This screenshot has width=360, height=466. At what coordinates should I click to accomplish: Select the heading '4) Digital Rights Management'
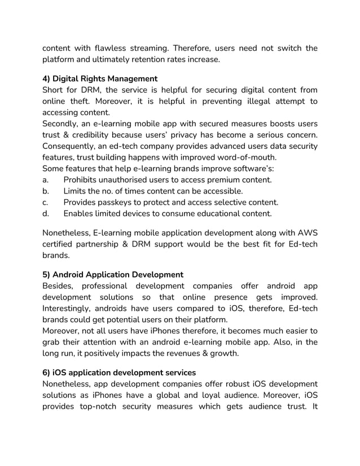pos(100,78)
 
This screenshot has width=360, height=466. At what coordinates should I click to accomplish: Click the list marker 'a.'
pos(46,180)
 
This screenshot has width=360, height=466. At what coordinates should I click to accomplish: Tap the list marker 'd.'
pos(46,213)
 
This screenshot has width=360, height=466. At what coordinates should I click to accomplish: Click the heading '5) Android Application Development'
pos(113,274)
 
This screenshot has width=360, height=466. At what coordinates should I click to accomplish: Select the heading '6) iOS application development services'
pos(119,372)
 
